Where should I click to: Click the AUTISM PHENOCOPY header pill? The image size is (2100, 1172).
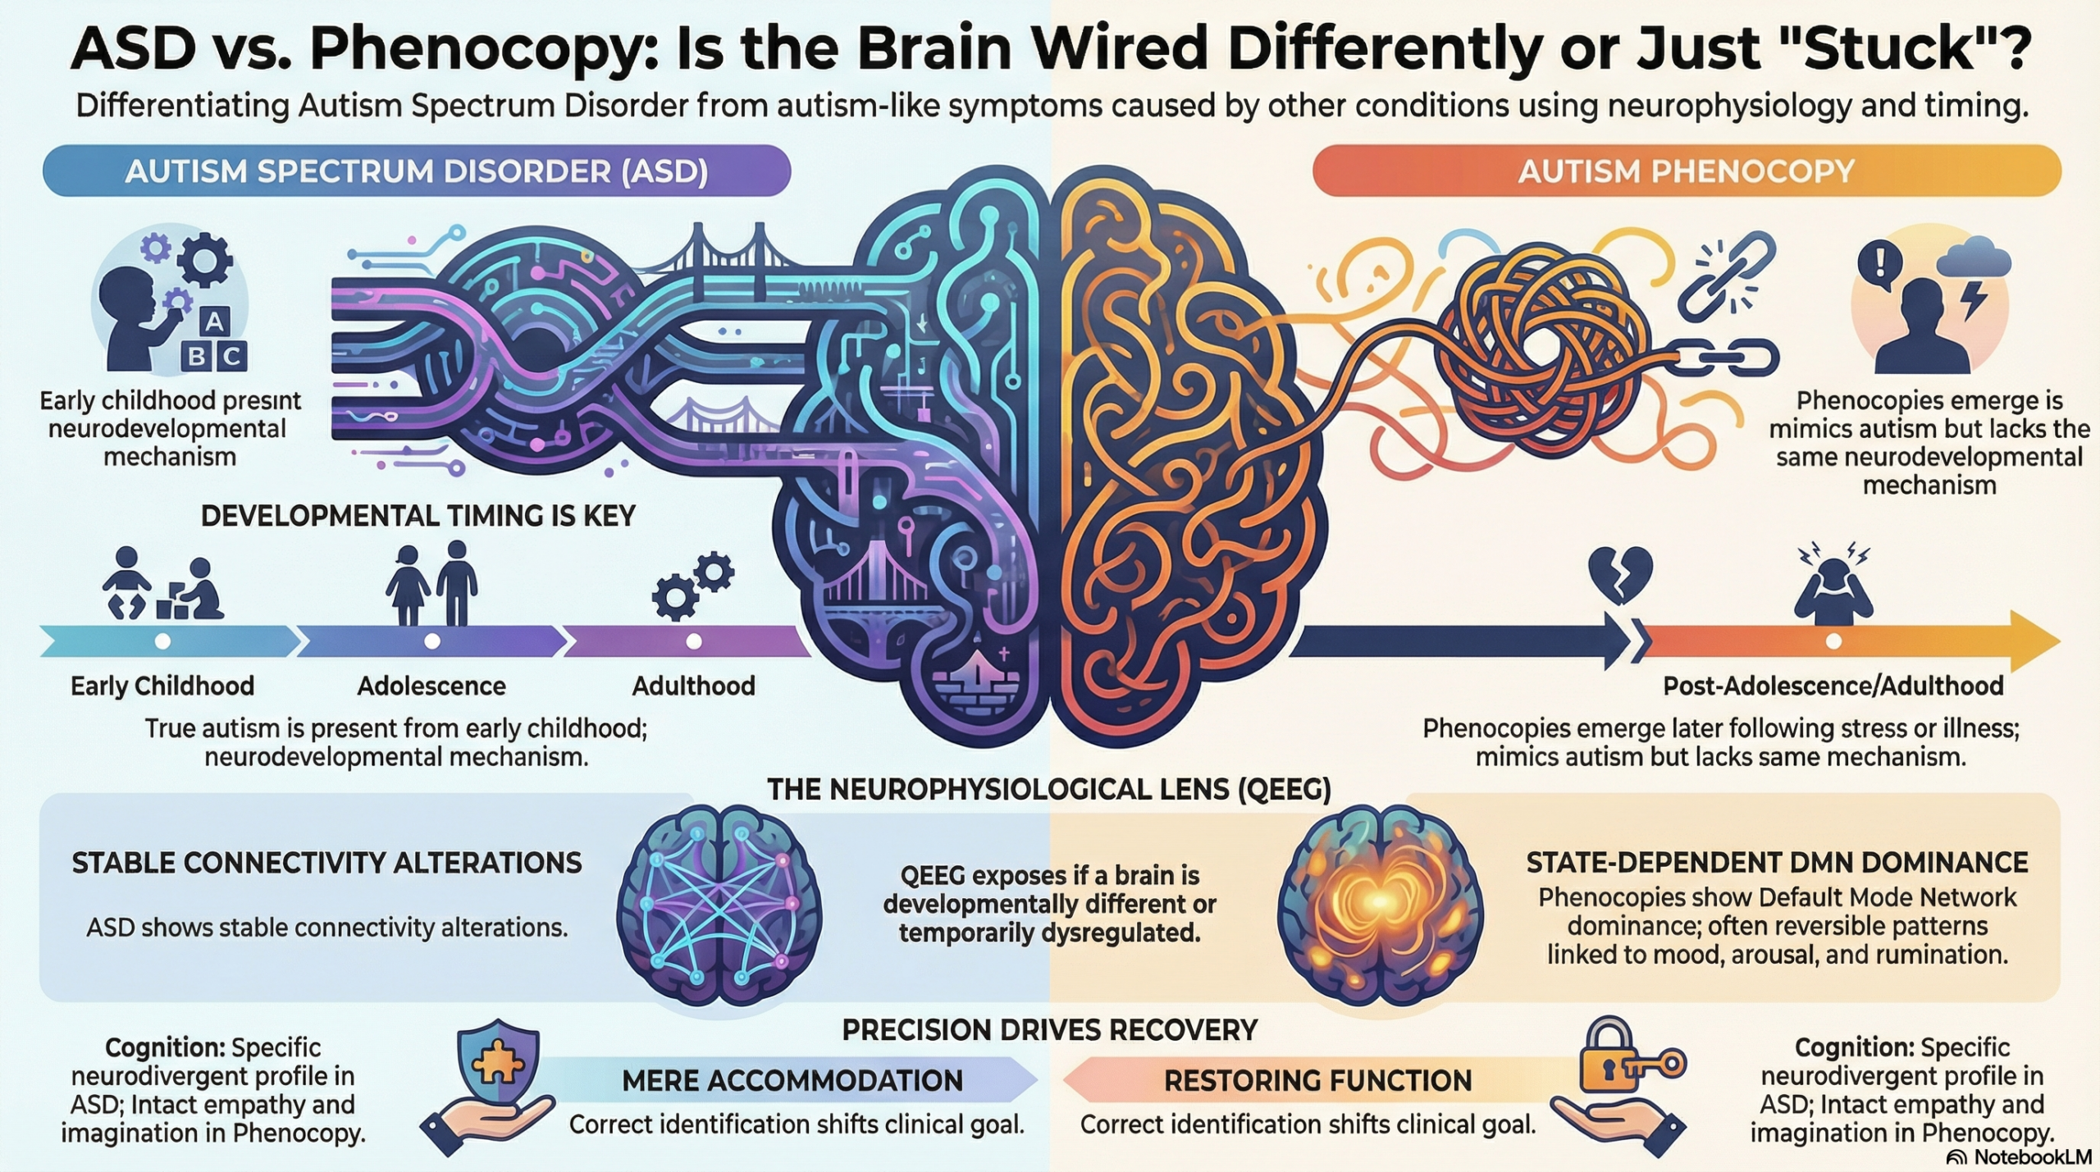1686,171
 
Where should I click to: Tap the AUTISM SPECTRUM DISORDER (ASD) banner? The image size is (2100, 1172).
416,171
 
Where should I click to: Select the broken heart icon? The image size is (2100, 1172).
1620,574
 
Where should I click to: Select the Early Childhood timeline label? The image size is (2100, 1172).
162,686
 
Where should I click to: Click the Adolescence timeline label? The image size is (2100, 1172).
431,686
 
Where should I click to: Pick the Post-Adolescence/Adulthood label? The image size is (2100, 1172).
1833,686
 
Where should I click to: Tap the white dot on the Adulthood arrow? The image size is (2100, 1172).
694,641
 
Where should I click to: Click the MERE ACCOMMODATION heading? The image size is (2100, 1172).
792,1080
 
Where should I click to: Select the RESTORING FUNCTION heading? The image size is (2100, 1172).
1317,1080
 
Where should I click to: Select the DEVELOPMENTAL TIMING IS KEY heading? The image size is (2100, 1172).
418,515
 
